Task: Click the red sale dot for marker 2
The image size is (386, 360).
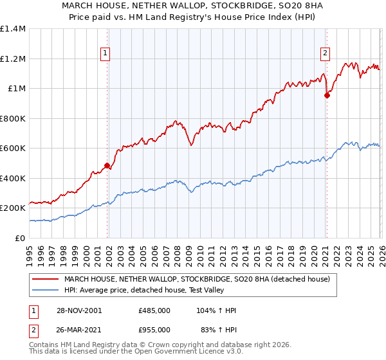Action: tap(327, 96)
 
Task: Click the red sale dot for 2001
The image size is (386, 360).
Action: tap(107, 166)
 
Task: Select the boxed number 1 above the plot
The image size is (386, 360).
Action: tap(105, 53)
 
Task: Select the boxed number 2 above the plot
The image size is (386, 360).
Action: tap(326, 53)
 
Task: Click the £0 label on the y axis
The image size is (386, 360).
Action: tap(19, 238)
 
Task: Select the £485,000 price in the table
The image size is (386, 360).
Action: tap(154, 310)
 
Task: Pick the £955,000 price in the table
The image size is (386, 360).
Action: tap(154, 330)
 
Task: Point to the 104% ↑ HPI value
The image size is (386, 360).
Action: tap(217, 310)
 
